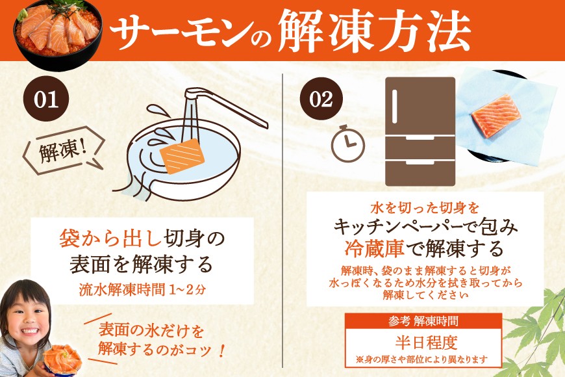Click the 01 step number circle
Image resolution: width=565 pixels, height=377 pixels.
(45, 99)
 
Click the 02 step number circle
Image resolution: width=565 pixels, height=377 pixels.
(321, 99)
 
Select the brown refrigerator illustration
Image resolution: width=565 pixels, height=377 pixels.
(420, 131)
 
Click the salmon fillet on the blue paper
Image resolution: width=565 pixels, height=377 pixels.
(496, 116)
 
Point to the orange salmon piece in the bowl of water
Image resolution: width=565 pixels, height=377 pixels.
(182, 156)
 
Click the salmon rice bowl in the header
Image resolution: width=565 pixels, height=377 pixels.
(58, 35)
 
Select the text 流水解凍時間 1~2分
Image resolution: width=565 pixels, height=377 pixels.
(142, 290)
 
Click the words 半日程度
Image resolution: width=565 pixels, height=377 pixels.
(426, 343)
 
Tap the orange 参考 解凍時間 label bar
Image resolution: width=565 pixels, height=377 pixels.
(423, 320)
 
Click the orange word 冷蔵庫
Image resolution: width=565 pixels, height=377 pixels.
(374, 248)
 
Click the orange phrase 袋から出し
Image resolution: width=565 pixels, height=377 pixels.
(110, 239)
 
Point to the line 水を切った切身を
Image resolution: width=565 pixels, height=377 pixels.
(425, 208)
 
